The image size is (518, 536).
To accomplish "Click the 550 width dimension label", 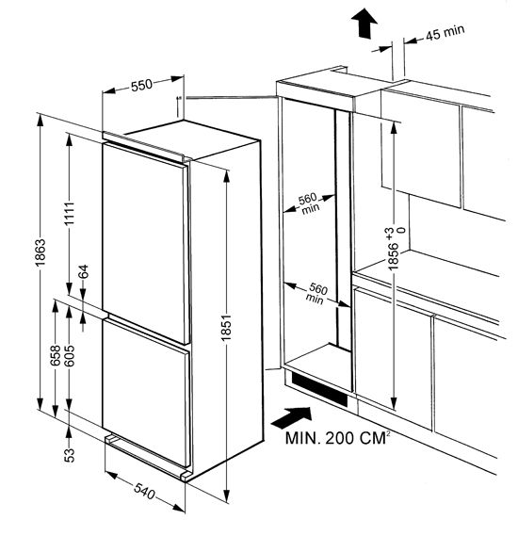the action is coord(141,85).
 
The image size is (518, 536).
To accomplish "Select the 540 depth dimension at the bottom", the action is coord(144,491).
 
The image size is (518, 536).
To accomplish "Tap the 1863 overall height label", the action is coord(40,253).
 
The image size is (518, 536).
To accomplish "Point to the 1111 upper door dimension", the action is coord(70,214).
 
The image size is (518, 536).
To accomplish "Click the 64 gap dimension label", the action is coord(84,271).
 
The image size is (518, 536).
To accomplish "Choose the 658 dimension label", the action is coord(56,355).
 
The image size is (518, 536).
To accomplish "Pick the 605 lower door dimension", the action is coord(70,355).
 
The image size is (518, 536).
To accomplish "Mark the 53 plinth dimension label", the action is coord(70,455).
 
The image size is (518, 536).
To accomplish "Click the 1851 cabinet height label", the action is coord(226,328).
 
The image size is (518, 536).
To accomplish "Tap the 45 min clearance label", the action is coord(445,32).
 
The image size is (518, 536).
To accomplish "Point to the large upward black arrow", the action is coord(364,24).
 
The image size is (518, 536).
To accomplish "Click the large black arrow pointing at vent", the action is coord(291,417).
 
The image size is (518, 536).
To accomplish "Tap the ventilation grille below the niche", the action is coord(319,389).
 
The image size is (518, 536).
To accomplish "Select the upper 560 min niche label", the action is coord(309,203).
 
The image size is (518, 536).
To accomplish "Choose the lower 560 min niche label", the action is coord(316,294).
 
